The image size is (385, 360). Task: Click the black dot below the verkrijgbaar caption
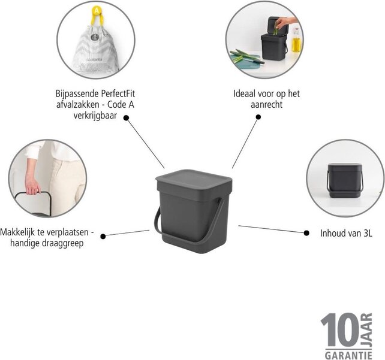coord(126,118)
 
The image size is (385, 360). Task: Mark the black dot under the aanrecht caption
coord(258,117)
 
